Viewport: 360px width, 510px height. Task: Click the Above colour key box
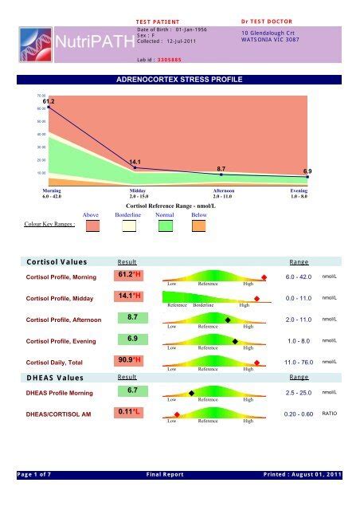tap(92, 227)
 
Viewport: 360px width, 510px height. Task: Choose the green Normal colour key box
tap(166, 227)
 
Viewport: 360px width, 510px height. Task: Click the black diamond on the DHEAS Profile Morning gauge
tap(191, 393)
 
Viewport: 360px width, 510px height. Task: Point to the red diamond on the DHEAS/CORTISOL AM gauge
tap(177, 414)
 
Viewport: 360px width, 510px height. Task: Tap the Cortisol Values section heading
tap(56, 261)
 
